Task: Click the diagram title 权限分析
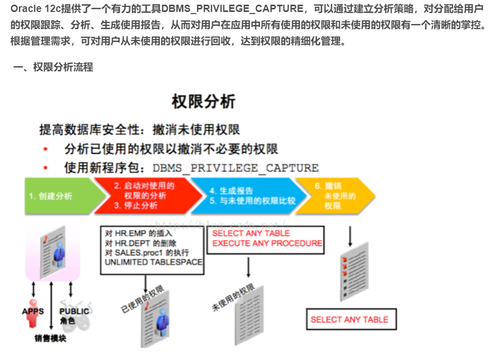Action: (x=203, y=101)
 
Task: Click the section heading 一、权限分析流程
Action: (x=53, y=67)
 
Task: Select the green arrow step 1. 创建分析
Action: (x=57, y=196)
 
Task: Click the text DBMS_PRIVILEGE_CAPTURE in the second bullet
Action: (x=235, y=168)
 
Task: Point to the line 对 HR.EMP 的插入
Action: (x=138, y=233)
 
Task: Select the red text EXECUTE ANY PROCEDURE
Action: (x=267, y=243)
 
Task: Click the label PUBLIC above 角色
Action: (x=74, y=311)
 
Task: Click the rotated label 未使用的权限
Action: (x=233, y=298)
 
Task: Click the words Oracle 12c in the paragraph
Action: (x=29, y=9)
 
